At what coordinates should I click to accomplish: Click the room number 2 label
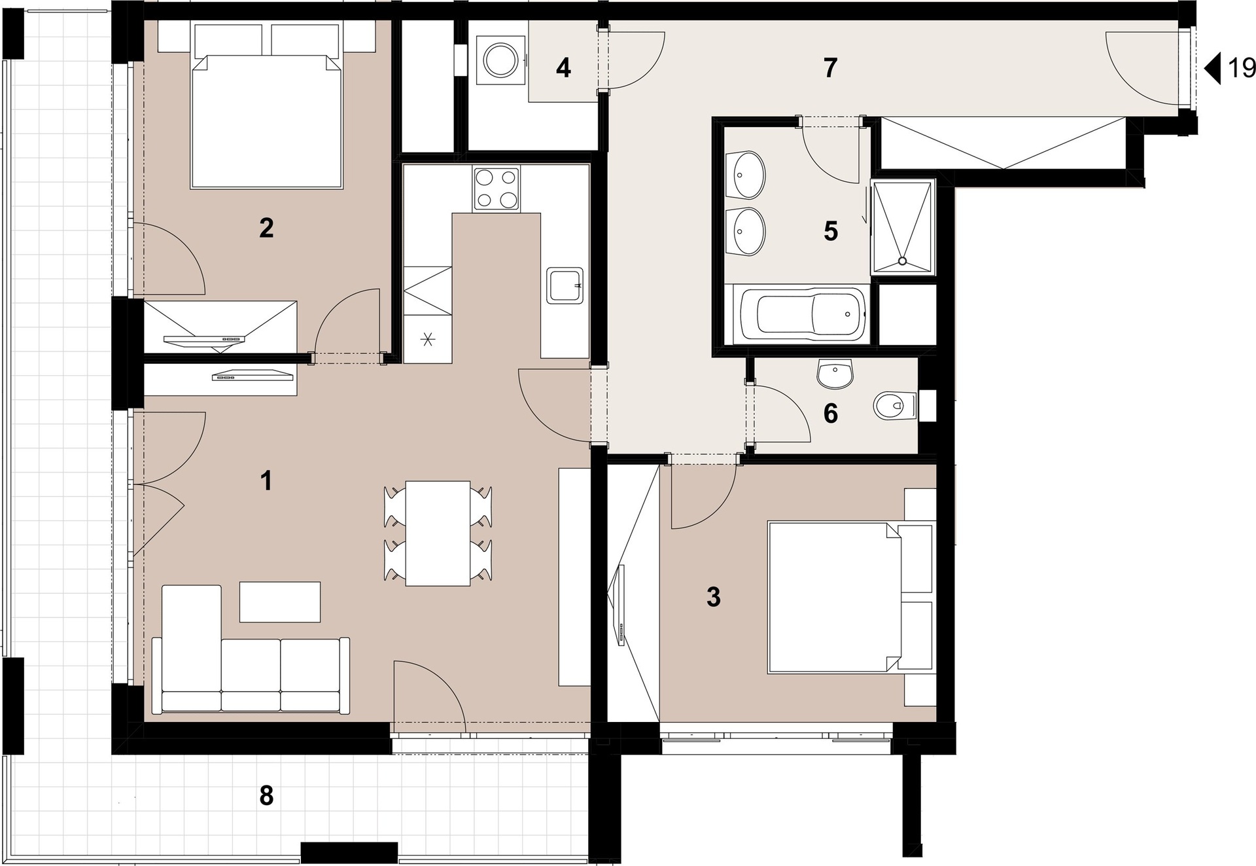tap(266, 228)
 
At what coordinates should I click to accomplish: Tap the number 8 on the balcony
tap(266, 796)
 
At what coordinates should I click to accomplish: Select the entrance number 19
tap(1241, 68)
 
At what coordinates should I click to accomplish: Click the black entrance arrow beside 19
tap(1213, 69)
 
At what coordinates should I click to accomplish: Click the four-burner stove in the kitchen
tap(497, 189)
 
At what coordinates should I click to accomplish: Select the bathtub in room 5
tap(811, 315)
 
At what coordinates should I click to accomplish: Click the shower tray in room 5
tap(903, 226)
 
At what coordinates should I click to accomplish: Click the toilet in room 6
tap(896, 406)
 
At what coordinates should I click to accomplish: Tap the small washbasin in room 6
tap(835, 373)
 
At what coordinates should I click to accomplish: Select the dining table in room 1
tap(438, 533)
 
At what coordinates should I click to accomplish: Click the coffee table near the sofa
tap(280, 602)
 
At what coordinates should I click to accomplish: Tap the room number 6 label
tap(831, 414)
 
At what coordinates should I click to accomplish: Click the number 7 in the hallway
tap(830, 68)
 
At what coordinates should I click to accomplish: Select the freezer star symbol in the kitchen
tap(428, 339)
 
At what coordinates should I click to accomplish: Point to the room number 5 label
tap(831, 231)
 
